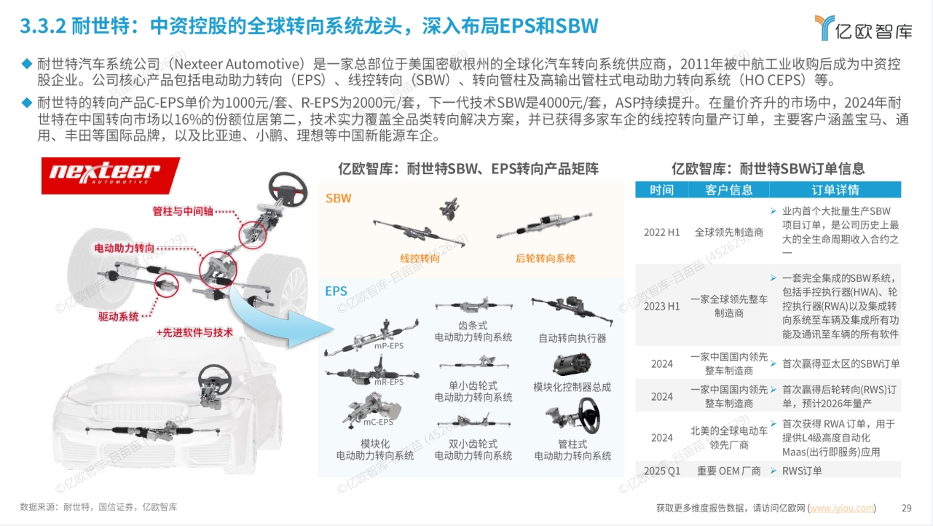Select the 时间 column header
pyautogui.click(x=661, y=190)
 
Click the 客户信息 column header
pyautogui.click(x=728, y=190)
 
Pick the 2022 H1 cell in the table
pyautogui.click(x=661, y=232)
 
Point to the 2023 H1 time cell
pyautogui.click(x=661, y=306)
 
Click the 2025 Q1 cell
pyautogui.click(x=661, y=471)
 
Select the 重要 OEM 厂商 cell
pyautogui.click(x=728, y=471)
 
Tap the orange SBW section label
pyautogui.click(x=339, y=198)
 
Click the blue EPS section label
pyautogui.click(x=336, y=291)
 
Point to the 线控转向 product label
pyautogui.click(x=420, y=259)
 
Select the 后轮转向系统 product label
pyautogui.click(x=545, y=259)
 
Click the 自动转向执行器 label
pyautogui.click(x=572, y=338)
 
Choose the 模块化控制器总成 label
pyautogui.click(x=572, y=387)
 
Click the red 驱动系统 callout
pyautogui.click(x=119, y=317)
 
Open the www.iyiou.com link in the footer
pyautogui.click(x=842, y=508)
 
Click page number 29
pyautogui.click(x=907, y=508)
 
